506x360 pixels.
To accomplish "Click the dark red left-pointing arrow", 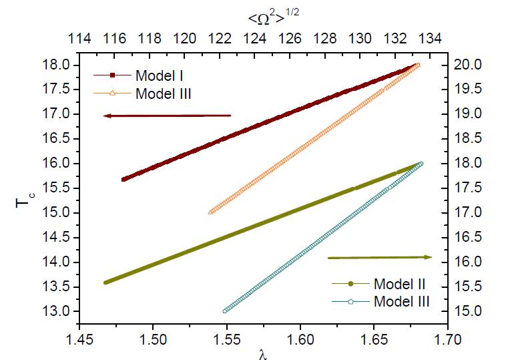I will click(x=167, y=116).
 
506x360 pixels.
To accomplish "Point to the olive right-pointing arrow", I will click(x=379, y=257).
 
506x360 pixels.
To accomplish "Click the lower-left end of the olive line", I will click(x=105, y=283).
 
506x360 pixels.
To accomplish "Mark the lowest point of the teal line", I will click(x=225, y=311).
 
